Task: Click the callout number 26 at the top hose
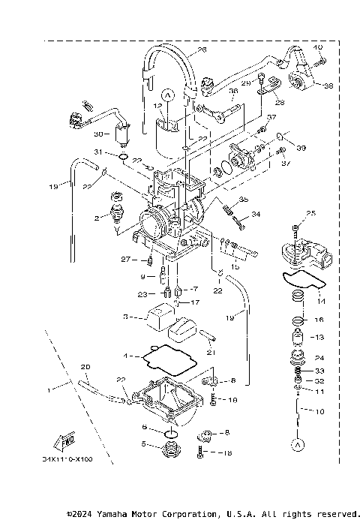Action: [201, 51]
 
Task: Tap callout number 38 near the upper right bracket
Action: [327, 86]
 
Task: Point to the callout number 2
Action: [96, 218]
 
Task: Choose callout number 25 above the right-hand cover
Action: [311, 213]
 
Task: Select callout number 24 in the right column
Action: [319, 357]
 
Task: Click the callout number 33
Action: [319, 370]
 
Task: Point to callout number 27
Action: [125, 260]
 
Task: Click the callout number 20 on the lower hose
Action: [85, 366]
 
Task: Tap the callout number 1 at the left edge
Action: [49, 390]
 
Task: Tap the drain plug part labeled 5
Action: [171, 452]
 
